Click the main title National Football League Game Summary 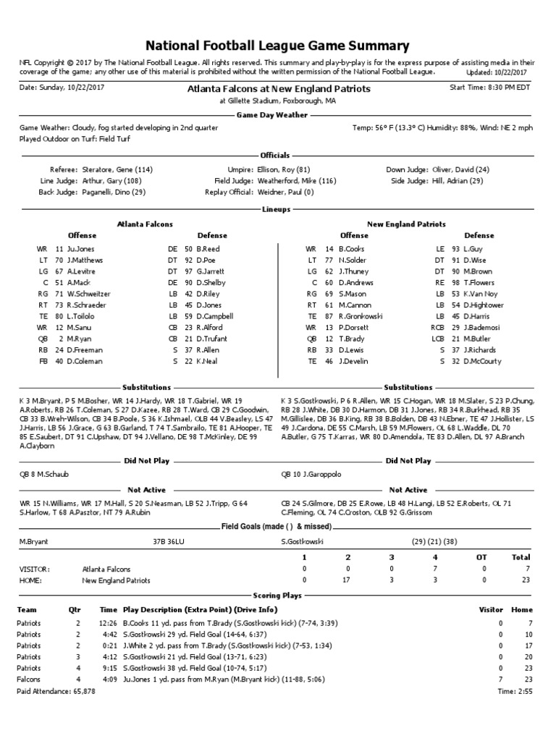[278, 46]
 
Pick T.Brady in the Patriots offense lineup [353, 338]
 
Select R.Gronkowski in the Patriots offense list [363, 316]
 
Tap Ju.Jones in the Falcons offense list [82, 248]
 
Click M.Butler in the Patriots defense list [478, 338]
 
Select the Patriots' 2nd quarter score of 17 [348, 580]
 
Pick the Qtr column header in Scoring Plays [75, 609]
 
